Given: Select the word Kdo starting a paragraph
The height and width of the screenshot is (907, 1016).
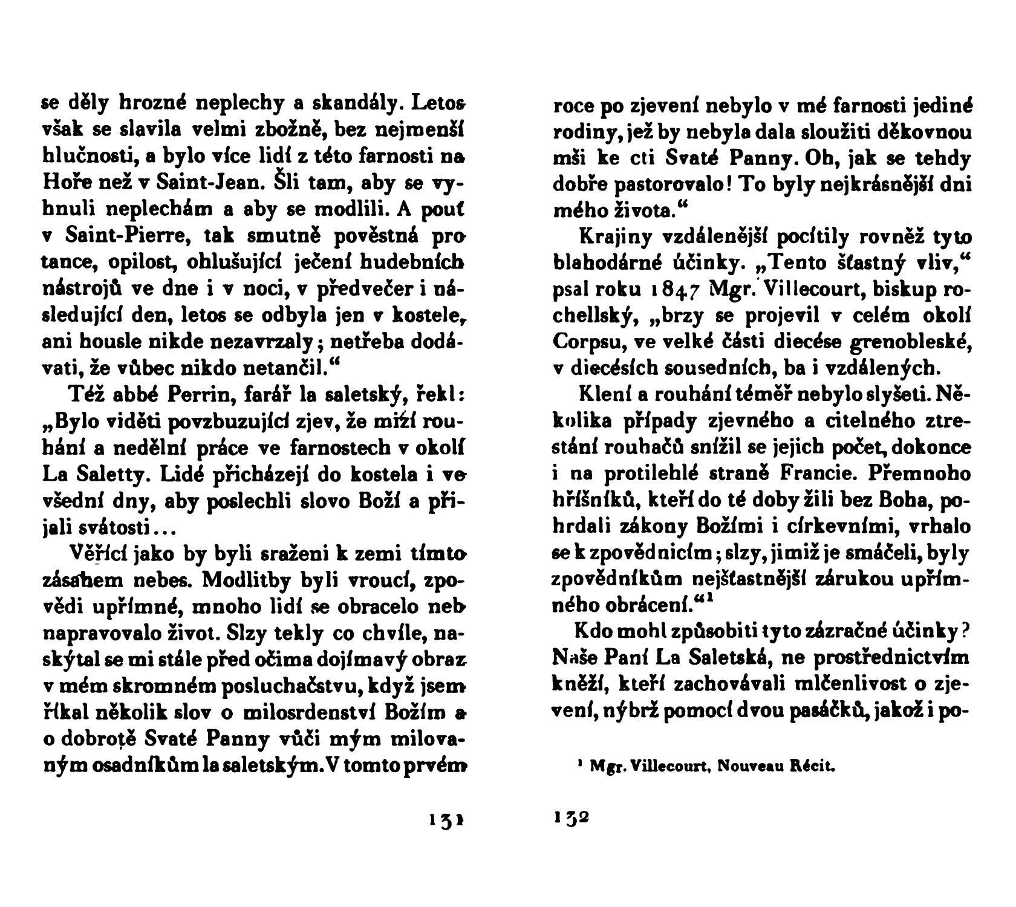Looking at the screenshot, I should pyautogui.click(x=594, y=630).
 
